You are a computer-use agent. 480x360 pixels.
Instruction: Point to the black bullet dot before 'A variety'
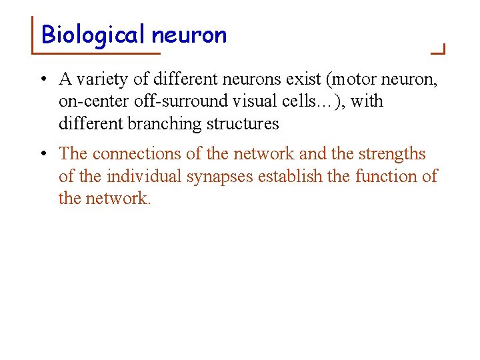click(x=42, y=80)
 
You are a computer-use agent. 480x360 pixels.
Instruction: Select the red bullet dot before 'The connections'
click(x=42, y=154)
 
